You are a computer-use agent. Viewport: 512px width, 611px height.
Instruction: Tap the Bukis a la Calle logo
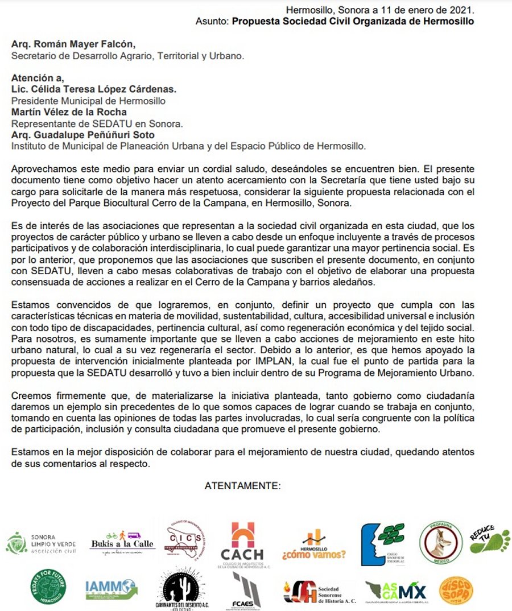122,542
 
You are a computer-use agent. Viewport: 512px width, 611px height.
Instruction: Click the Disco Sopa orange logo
456,590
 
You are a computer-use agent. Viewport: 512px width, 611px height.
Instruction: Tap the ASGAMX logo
397,592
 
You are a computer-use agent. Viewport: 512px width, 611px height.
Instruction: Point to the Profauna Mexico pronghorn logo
441,542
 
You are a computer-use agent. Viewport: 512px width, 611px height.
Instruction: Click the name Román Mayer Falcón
83,44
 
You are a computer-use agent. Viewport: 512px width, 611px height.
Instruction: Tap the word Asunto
212,21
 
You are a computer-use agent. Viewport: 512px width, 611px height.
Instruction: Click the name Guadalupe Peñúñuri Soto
91,135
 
